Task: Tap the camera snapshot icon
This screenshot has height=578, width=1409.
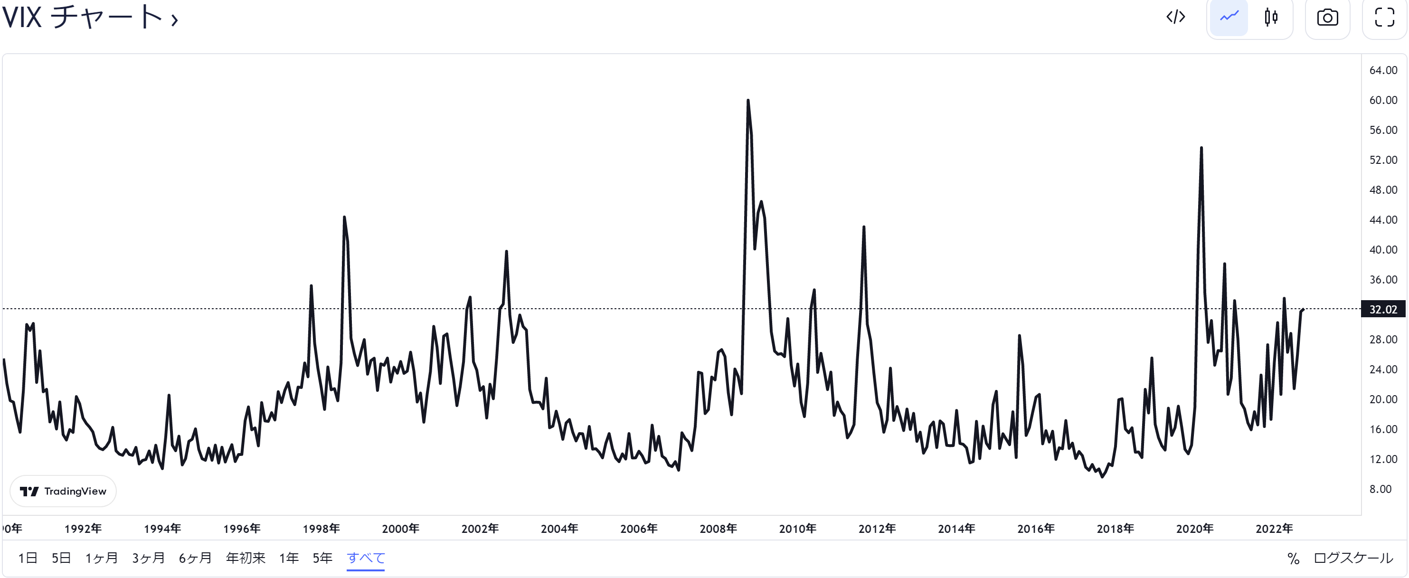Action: tap(1327, 18)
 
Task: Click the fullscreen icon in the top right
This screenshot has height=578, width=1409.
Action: tap(1384, 18)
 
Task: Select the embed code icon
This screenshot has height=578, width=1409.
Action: tap(1175, 18)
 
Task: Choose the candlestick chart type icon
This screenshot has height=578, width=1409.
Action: tap(1271, 18)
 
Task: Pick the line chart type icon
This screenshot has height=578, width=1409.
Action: tap(1229, 18)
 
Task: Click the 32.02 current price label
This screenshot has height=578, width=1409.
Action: tap(1383, 310)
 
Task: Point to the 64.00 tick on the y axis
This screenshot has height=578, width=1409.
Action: tap(1383, 70)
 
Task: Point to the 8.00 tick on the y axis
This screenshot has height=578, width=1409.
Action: tap(1380, 489)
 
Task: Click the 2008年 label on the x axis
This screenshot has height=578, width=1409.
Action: tap(718, 529)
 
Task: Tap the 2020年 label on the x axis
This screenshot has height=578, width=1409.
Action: tap(1195, 529)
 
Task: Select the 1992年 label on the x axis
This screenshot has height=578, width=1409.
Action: tap(83, 529)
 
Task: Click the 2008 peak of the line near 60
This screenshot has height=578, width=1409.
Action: tap(747, 101)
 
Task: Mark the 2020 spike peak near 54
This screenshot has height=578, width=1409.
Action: tap(1201, 148)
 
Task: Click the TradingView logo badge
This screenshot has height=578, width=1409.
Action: tap(63, 491)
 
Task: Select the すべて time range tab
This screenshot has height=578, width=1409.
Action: tap(365, 558)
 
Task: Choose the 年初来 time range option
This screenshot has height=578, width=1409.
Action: tap(246, 558)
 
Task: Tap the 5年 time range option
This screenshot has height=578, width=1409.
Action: tap(322, 558)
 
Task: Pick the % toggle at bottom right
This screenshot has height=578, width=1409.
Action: tap(1293, 559)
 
